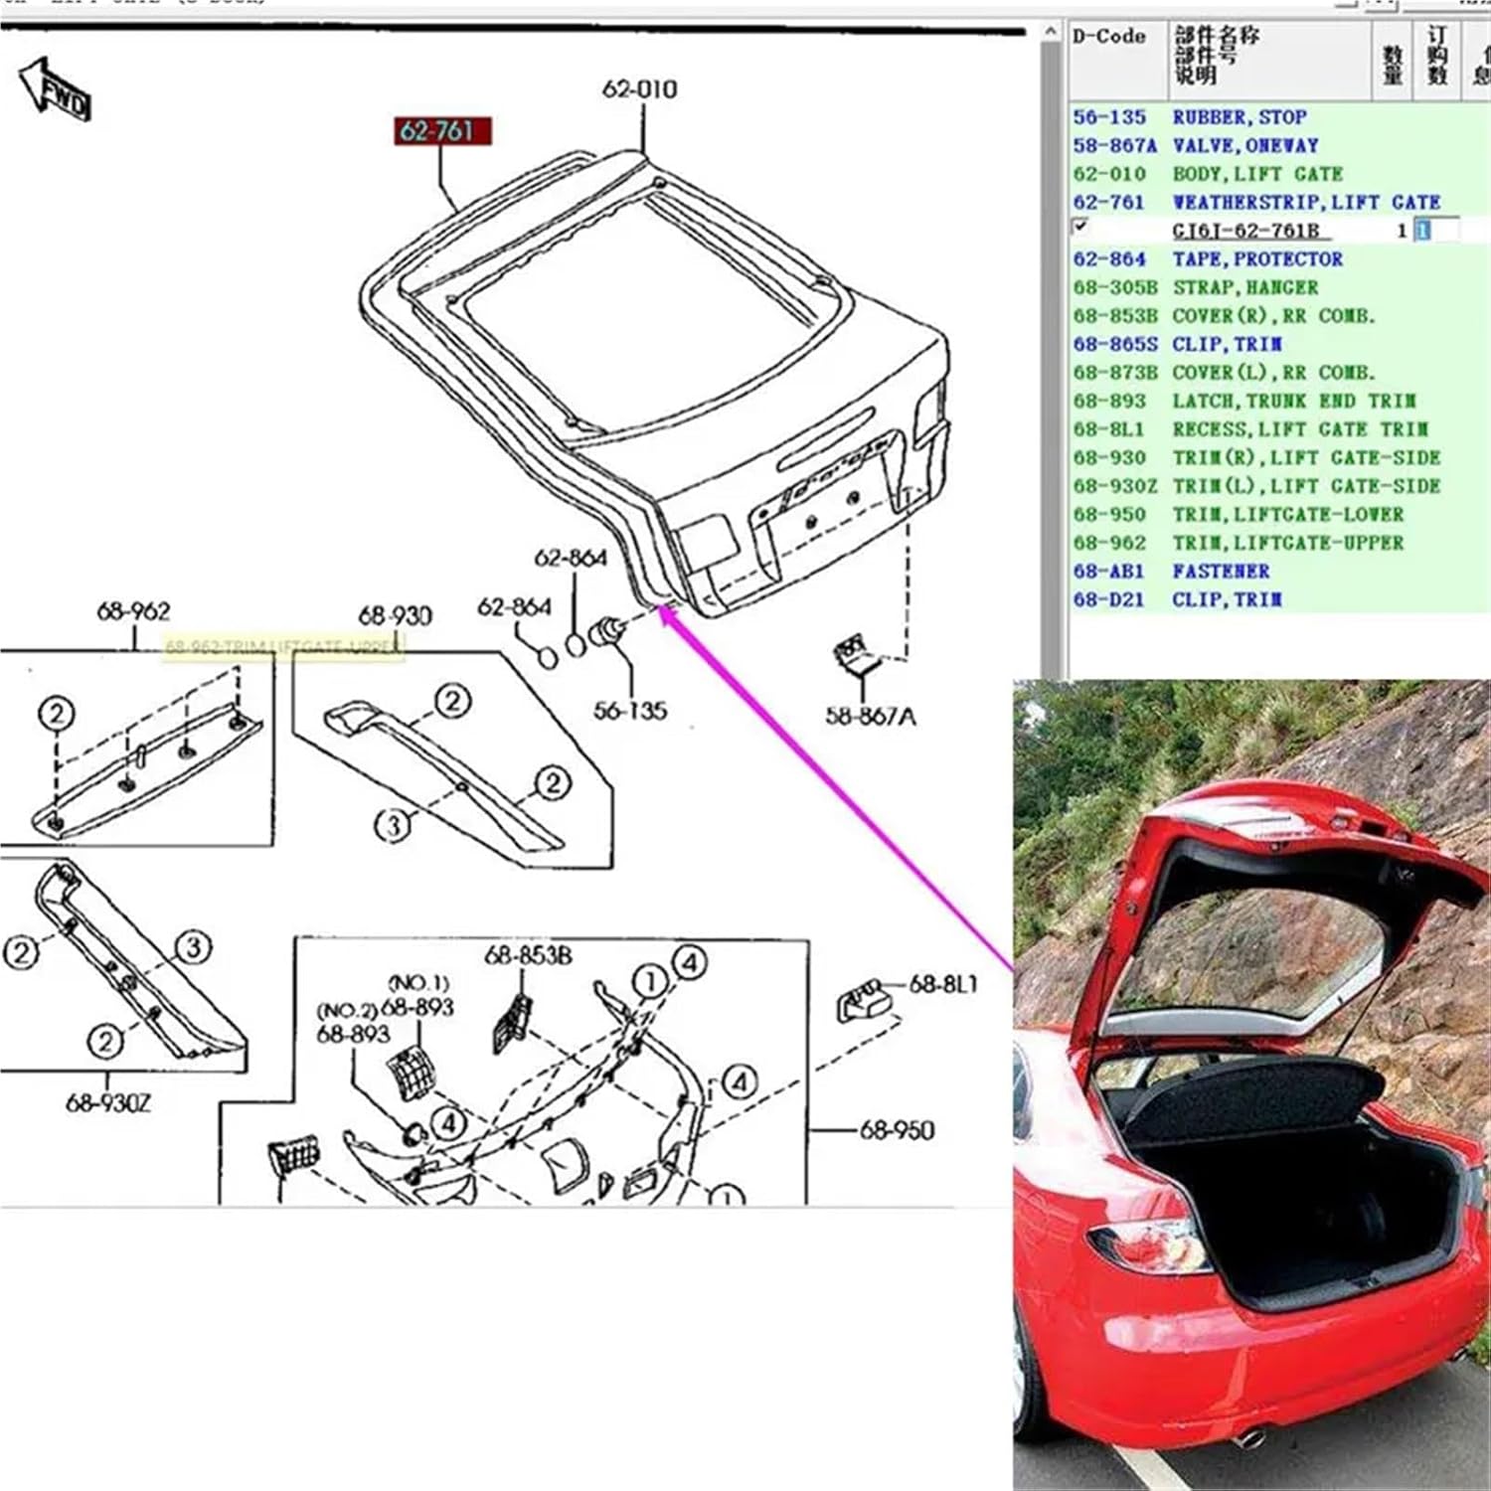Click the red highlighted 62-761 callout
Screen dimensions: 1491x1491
pyautogui.click(x=438, y=131)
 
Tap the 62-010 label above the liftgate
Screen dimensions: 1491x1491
pyautogui.click(x=639, y=89)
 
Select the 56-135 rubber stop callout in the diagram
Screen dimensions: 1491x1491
pyautogui.click(x=629, y=711)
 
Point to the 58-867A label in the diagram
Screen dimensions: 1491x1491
pyautogui.click(x=870, y=716)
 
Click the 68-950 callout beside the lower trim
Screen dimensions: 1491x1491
pyautogui.click(x=897, y=1130)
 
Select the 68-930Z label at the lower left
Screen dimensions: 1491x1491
pyautogui.click(x=108, y=1102)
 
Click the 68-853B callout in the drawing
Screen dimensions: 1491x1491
pyautogui.click(x=528, y=955)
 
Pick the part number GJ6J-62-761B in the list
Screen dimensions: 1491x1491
pyautogui.click(x=1245, y=231)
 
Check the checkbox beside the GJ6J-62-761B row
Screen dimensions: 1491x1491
pyautogui.click(x=1080, y=227)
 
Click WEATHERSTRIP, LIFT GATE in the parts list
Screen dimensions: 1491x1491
pyautogui.click(x=1306, y=203)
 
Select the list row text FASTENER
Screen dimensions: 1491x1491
pyautogui.click(x=1221, y=572)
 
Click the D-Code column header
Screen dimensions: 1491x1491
pyautogui.click(x=1108, y=37)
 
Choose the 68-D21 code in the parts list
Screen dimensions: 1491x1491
pyautogui.click(x=1108, y=600)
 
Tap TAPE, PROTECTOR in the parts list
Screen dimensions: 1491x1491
pyautogui.click(x=1257, y=259)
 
